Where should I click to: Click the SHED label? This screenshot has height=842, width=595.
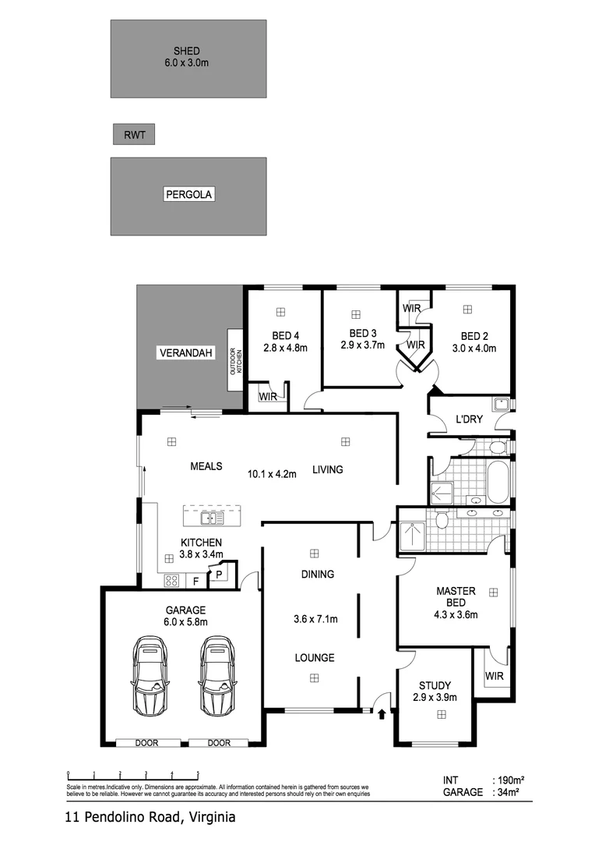pos(187,51)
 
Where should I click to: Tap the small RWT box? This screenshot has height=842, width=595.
pos(134,135)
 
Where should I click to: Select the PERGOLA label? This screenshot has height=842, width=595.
pos(188,194)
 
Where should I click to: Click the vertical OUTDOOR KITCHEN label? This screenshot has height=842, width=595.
pos(234,359)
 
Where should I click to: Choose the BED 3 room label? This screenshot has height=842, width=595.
pos(362,333)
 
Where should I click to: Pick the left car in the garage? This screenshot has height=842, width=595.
pos(150,675)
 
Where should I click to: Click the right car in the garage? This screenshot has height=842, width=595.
pos(217,675)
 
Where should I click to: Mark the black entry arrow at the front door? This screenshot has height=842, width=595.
pos(382,713)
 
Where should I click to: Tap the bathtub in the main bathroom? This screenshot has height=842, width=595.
pos(497,483)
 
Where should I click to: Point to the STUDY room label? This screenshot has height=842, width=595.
pos(434,685)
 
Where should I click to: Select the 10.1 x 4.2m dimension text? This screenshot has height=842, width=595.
pos(272,473)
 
